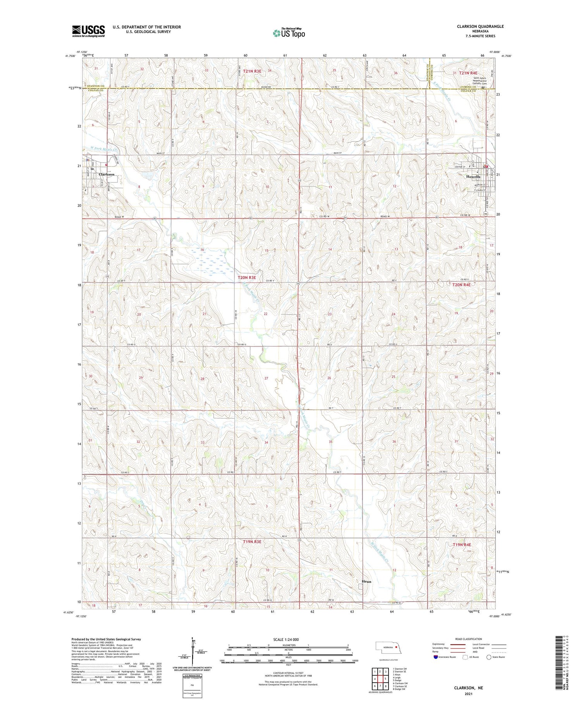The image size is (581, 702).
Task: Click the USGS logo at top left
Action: (88, 31)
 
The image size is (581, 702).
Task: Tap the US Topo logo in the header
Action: (289, 33)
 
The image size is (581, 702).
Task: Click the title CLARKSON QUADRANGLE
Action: (480, 26)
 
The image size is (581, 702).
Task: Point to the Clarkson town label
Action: (107, 175)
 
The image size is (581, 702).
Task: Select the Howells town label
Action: (473, 177)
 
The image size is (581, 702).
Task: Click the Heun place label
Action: (366, 582)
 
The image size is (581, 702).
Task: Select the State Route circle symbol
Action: (489, 657)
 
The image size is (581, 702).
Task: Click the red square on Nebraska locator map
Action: (396, 646)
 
